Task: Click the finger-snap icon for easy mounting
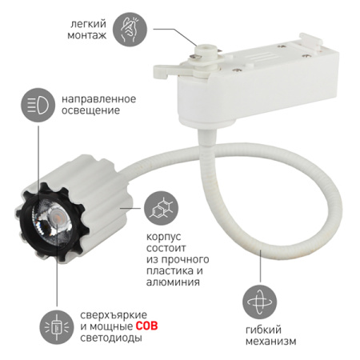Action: coord(130,30)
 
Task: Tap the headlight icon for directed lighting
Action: coord(38,105)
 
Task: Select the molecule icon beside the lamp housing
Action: coord(162,208)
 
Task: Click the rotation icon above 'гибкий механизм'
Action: coord(259,302)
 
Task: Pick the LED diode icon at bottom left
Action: coord(57,327)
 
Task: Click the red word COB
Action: coord(146,326)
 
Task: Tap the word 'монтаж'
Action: coord(87,35)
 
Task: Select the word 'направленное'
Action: coord(98,99)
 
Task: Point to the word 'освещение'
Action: coord(90,111)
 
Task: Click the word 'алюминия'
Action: coord(173,282)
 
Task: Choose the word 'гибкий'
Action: coord(263,330)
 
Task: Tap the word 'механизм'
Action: coord(271,342)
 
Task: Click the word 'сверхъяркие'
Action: coord(114,315)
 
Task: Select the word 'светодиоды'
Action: coord(111,338)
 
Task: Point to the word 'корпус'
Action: coord(164,237)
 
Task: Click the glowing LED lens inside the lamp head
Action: coord(57,215)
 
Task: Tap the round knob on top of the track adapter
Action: coord(205,51)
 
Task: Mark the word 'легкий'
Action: coord(89,24)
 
